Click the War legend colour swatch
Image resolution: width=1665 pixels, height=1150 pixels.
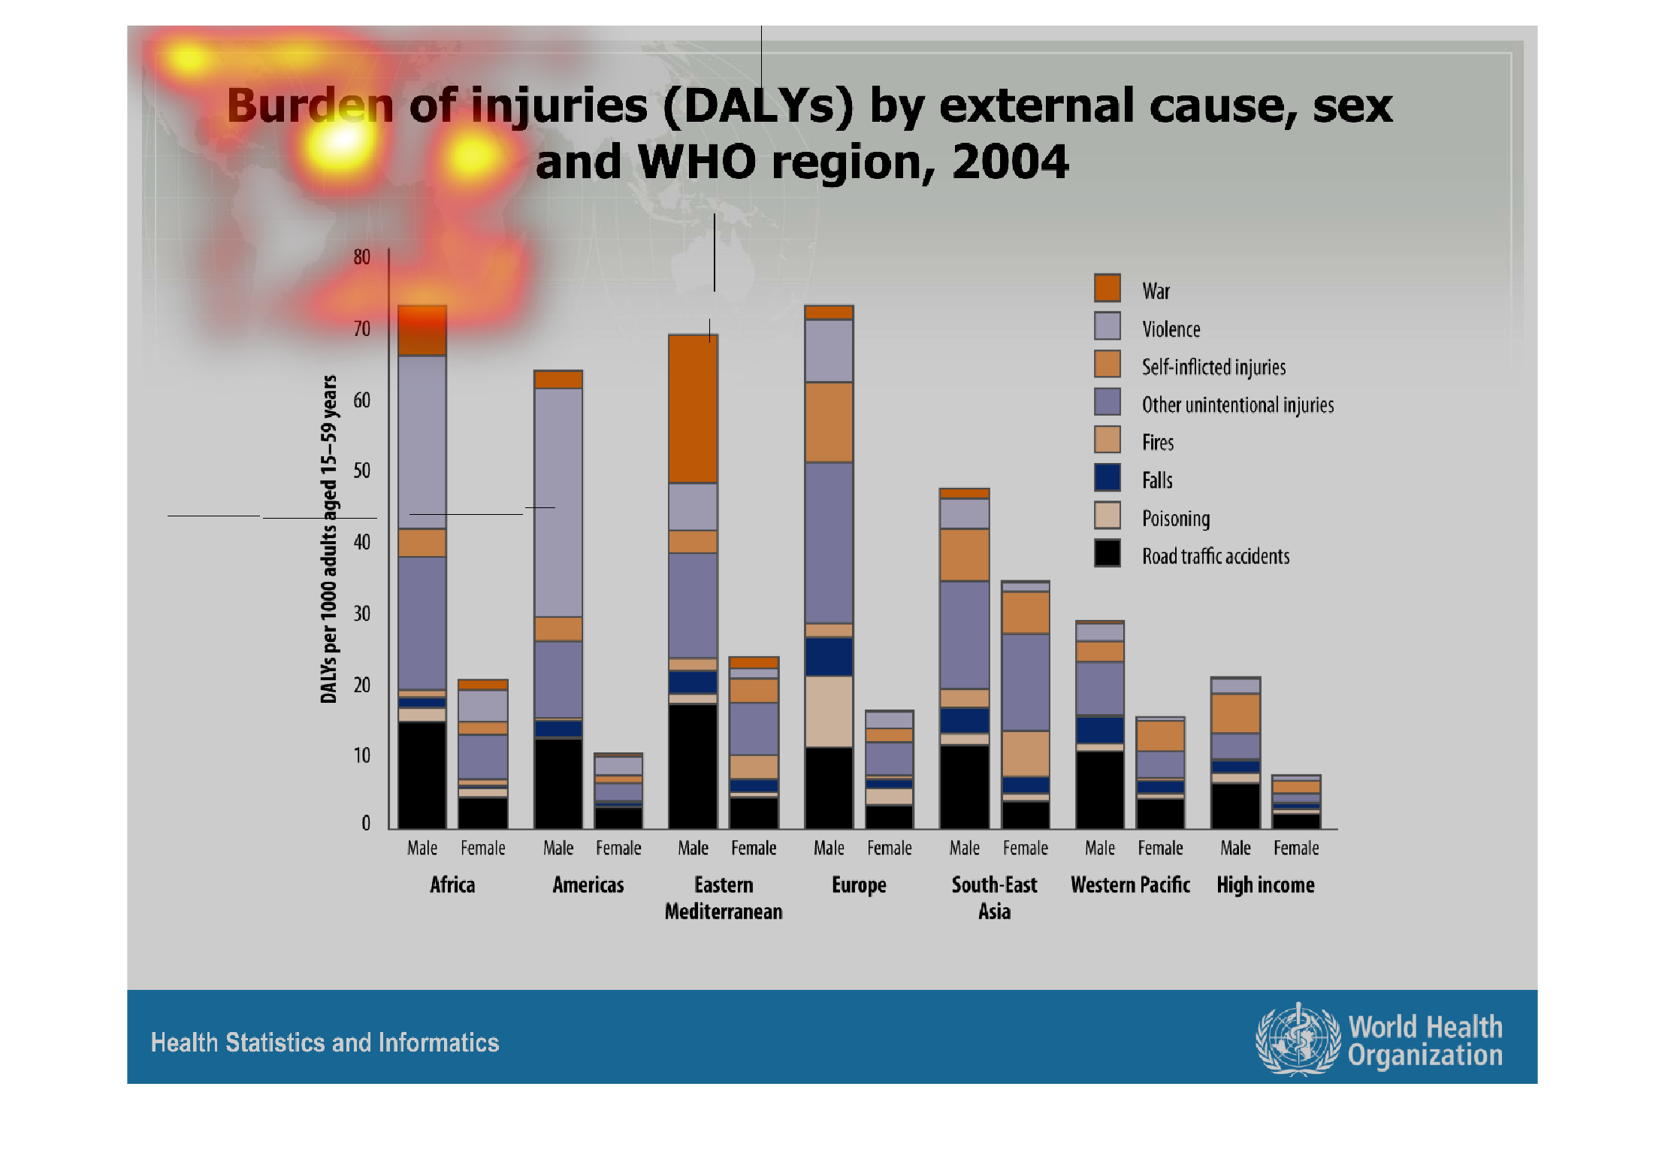point(1107,288)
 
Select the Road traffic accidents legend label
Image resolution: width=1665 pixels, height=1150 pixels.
point(1215,556)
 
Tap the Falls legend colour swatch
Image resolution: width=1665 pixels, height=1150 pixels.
point(1107,477)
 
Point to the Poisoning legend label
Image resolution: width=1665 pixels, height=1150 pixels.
point(1175,519)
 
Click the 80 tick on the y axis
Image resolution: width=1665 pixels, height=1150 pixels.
point(361,257)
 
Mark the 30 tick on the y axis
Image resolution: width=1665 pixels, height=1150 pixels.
point(361,613)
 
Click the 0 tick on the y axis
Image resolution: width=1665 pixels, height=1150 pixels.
point(365,823)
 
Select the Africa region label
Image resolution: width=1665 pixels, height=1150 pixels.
point(452,885)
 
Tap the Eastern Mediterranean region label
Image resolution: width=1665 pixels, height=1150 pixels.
point(723,897)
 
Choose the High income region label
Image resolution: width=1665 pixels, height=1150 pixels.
point(1265,885)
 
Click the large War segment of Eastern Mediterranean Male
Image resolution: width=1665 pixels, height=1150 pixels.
point(693,409)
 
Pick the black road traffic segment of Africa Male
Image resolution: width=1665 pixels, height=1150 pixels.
point(422,774)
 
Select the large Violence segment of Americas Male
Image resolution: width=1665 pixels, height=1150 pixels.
point(558,502)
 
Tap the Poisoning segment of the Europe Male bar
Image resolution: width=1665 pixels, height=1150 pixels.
point(829,711)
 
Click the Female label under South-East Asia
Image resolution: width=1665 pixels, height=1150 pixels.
point(1025,848)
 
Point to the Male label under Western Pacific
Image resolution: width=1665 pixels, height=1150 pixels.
point(1099,848)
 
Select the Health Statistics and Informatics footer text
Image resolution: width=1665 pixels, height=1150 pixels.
point(325,1043)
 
